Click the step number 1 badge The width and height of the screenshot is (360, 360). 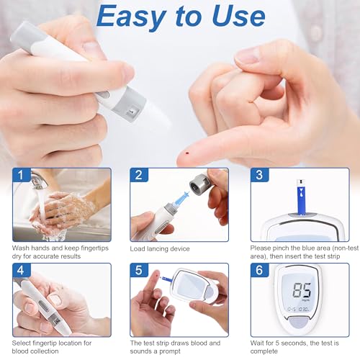coord(22,175)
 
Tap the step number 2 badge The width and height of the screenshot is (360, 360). coord(139,175)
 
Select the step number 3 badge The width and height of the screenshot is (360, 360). coord(259,175)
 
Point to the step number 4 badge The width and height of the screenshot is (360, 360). coord(22,270)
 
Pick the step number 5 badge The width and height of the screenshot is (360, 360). coord(139,270)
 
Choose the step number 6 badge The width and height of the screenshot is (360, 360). coord(259,270)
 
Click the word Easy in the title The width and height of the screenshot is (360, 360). coord(132,17)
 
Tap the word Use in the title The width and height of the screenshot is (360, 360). coord(239,16)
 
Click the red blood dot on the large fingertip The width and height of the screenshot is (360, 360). coord(187,153)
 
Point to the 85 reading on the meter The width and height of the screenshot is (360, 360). coord(302,290)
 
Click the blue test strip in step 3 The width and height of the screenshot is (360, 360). coord(301,197)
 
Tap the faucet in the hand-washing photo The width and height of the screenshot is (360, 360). coord(38,180)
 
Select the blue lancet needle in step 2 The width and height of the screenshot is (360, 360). coord(181,199)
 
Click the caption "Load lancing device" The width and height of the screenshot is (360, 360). coord(160,249)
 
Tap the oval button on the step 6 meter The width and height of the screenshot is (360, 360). coord(299,322)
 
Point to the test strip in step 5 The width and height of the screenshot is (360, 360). coord(166,279)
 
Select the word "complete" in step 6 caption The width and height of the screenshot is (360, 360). coord(264,351)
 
